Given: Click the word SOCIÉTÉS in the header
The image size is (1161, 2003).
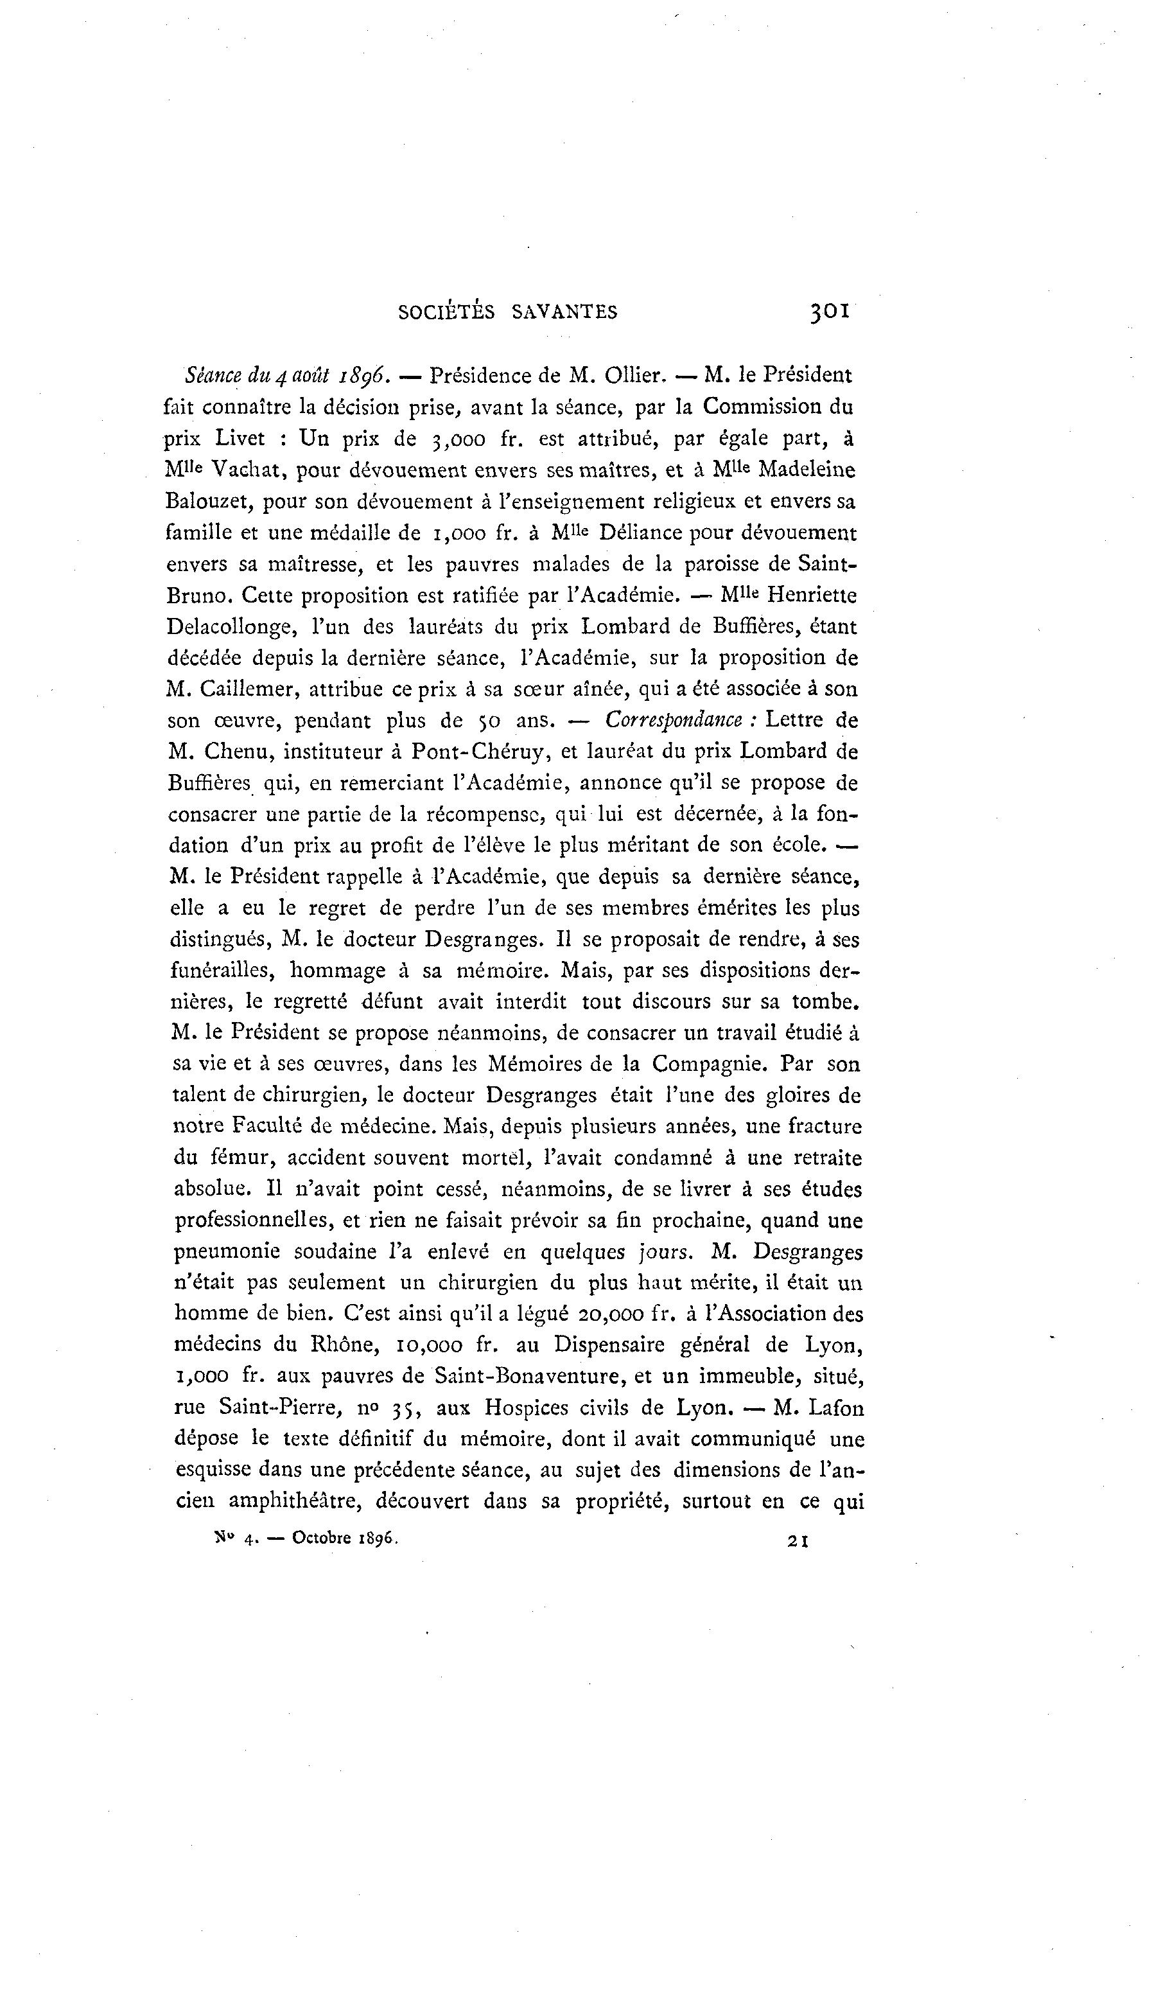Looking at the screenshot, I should (445, 312).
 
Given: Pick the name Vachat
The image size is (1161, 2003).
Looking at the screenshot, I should (247, 470).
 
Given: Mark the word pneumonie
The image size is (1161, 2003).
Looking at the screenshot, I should (227, 1252).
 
